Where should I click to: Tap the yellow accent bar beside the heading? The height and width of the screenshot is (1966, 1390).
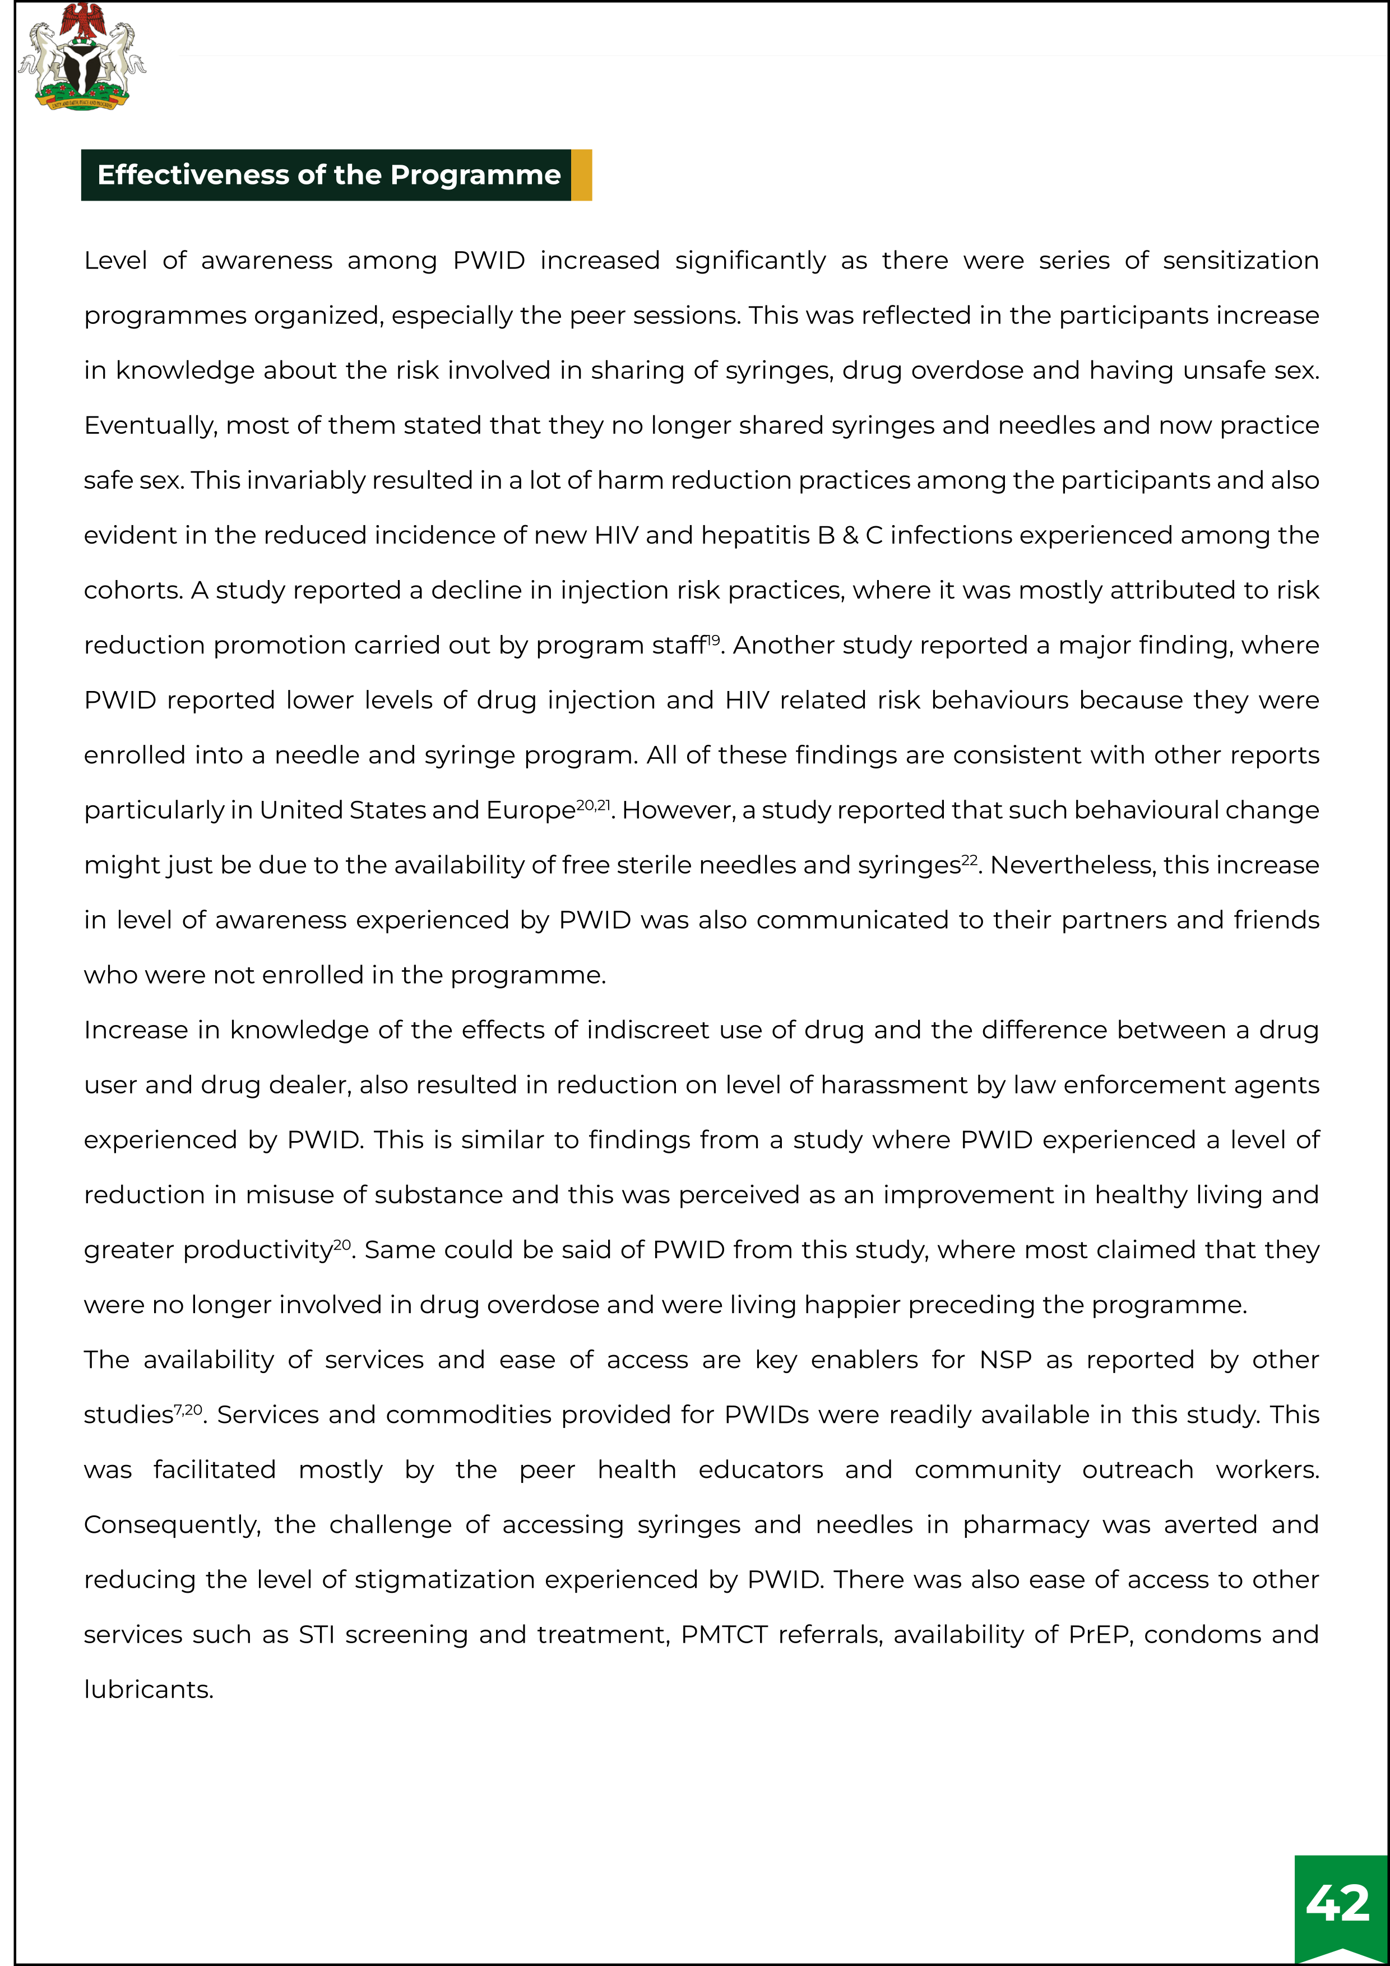(582, 175)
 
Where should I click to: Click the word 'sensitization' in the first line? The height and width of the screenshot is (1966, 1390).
(1240, 260)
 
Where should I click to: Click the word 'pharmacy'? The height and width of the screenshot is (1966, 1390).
(1025, 1525)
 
